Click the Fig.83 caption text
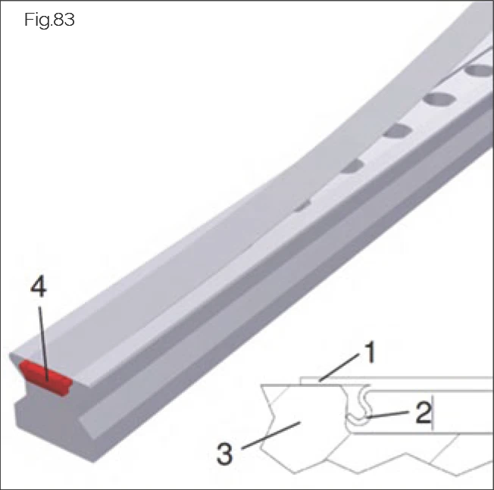point(49,20)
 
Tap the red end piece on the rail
point(45,375)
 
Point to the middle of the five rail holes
point(396,131)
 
